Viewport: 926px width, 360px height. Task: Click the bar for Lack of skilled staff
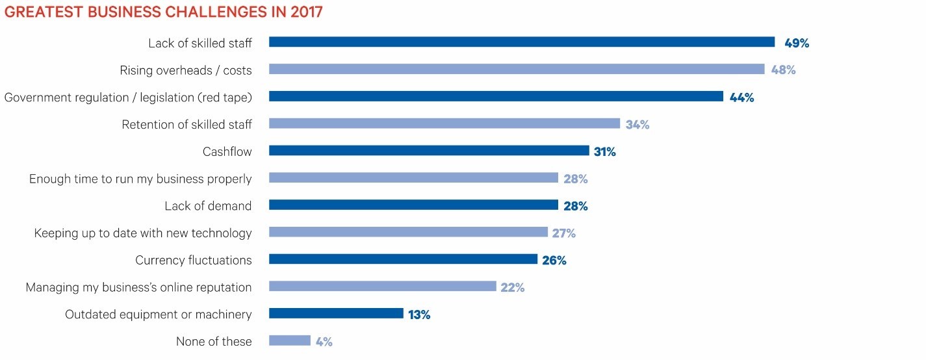[521, 42]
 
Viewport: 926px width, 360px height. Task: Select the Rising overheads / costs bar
[516, 70]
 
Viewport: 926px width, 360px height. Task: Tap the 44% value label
[741, 97]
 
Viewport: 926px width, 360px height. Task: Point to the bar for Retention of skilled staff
[444, 123]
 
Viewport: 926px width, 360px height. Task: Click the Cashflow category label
[227, 151]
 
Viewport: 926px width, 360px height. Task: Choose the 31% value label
[604, 151]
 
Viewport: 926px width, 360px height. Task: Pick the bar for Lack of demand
[413, 205]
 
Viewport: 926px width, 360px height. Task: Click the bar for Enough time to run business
[413, 178]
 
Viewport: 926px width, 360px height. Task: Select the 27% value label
[563, 233]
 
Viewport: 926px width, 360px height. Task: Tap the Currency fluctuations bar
[403, 259]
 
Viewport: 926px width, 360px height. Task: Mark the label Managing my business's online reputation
[138, 287]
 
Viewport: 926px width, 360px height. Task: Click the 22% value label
[512, 287]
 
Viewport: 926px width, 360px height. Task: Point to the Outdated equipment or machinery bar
[336, 314]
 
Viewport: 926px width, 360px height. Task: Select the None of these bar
[289, 341]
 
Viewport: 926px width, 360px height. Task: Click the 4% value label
[324, 341]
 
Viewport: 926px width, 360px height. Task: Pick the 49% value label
[796, 43]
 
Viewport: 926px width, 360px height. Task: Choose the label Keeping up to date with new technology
[142, 233]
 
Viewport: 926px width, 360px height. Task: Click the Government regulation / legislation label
[127, 97]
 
